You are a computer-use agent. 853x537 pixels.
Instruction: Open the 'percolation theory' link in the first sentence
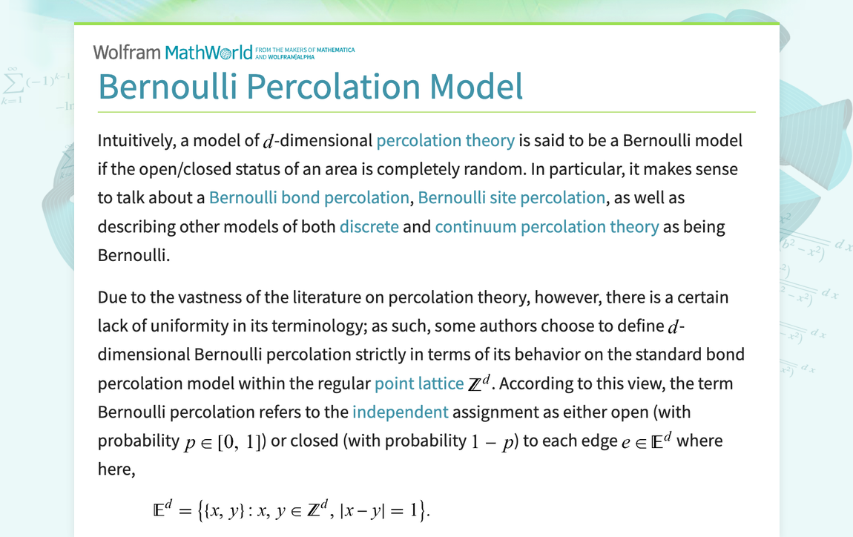[445, 140]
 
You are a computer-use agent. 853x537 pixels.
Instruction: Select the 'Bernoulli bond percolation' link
[309, 197]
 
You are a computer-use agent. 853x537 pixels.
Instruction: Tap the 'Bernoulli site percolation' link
[512, 197]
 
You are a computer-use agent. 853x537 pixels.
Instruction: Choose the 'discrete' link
[369, 226]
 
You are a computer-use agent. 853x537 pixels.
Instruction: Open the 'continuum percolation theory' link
[547, 226]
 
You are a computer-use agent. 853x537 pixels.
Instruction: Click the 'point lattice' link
[419, 383]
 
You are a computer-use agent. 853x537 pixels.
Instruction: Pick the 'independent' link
[401, 412]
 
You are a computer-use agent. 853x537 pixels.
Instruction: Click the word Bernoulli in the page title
[168, 86]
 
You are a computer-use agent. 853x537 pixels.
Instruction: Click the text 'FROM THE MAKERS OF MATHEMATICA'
[309, 50]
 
